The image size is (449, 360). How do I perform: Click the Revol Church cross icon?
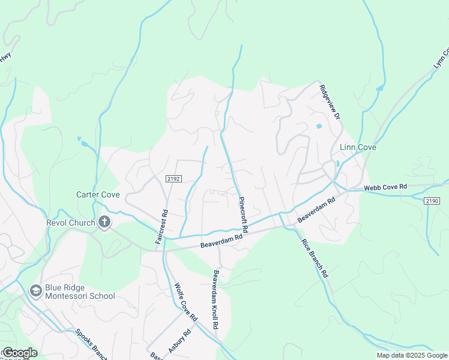coord(104,223)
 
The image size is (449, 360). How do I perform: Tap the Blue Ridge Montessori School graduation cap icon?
coord(35,290)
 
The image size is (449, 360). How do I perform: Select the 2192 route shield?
coord(173,179)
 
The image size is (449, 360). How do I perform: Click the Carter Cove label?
coord(99,194)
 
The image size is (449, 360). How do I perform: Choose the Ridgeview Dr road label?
coord(330,101)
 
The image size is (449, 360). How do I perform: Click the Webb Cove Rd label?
coord(385,188)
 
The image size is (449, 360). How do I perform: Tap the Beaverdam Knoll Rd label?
coord(214,302)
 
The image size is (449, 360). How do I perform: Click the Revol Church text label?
coord(71,223)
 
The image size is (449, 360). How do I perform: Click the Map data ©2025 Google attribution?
coord(411,355)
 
